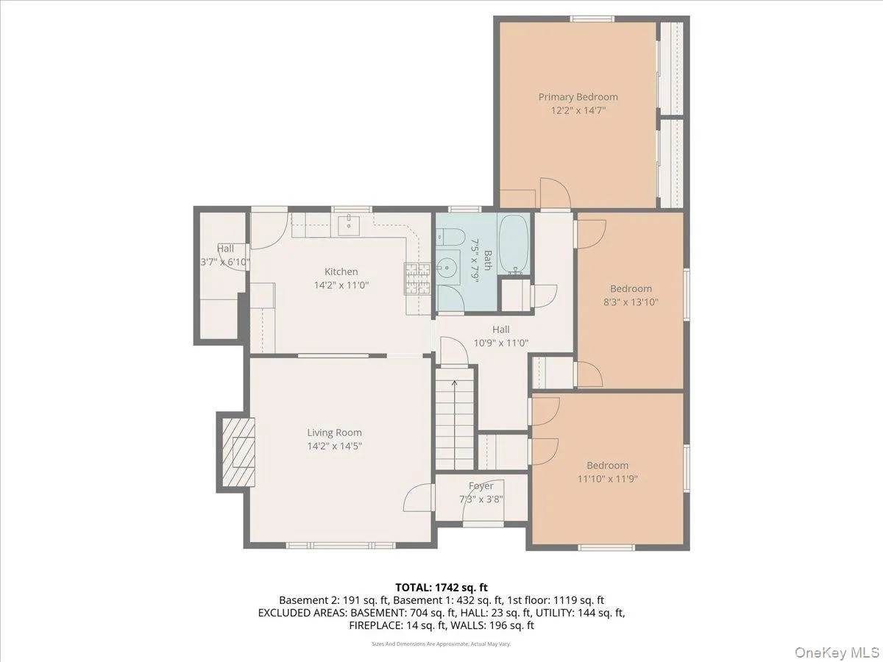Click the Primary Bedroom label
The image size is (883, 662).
(578, 97)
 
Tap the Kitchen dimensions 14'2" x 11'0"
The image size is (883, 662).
(341, 285)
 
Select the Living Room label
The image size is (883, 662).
(334, 433)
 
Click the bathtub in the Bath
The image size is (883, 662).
(513, 243)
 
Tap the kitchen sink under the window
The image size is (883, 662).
(347, 224)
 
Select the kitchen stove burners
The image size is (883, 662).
(416, 280)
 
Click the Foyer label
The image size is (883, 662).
(480, 486)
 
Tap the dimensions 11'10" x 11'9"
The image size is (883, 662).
(607, 478)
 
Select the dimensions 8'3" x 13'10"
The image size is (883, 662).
(631, 302)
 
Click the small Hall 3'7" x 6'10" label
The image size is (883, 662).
(225, 255)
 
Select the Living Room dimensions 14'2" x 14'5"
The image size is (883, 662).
(334, 445)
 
